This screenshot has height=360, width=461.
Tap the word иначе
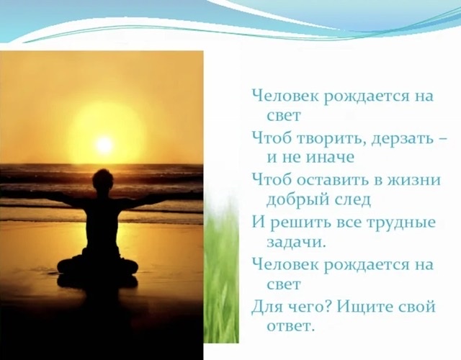point(331,158)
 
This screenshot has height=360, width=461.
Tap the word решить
point(301,223)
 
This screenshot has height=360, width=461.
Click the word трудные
point(401,223)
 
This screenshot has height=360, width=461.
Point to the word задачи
point(296,243)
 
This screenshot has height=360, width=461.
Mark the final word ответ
point(289,326)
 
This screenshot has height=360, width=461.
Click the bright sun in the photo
point(104,145)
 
